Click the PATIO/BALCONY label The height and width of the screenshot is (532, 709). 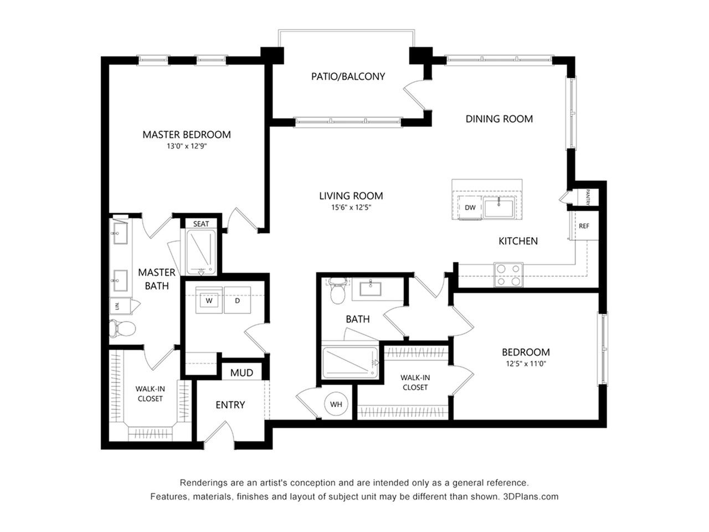(348, 76)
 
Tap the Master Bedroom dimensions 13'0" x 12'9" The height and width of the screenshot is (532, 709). (187, 146)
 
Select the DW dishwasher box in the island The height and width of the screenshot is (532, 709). (470, 208)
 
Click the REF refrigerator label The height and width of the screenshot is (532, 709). (584, 226)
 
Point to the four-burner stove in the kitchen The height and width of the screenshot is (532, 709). (508, 274)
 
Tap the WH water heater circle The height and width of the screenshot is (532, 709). (336, 404)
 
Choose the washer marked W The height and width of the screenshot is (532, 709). (209, 300)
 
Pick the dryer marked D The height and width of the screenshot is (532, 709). (238, 300)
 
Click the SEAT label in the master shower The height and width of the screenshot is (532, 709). (201, 224)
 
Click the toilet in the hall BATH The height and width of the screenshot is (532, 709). (338, 290)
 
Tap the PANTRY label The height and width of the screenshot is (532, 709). (588, 197)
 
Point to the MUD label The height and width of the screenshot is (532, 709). (242, 373)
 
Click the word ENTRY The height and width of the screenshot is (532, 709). (230, 405)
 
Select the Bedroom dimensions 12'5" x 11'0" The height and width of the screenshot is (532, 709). (526, 364)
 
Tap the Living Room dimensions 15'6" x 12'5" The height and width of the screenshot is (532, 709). (351, 207)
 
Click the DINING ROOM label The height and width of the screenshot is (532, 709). (499, 119)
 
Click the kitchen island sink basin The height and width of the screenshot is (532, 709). (499, 209)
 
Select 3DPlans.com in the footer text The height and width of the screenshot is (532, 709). (531, 497)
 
